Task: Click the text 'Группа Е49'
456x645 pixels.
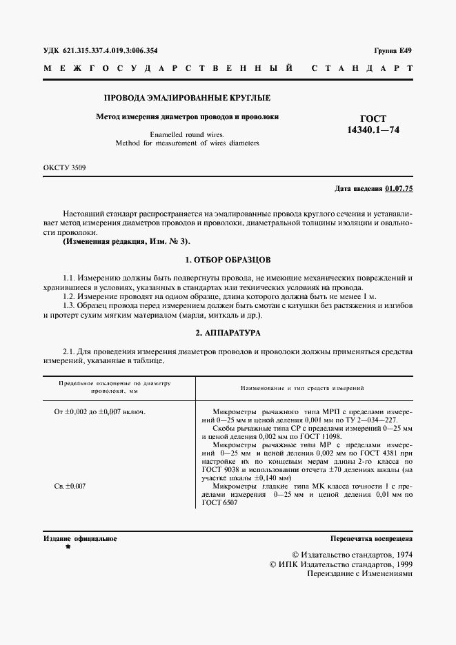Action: [393, 51]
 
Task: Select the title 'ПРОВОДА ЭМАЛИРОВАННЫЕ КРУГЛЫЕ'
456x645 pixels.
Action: [186, 99]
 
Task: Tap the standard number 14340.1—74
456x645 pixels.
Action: [373, 130]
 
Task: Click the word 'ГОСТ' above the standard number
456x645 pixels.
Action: [373, 119]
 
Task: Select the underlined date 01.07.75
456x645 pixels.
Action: [399, 188]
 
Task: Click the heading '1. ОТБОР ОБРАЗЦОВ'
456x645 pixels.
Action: [228, 260]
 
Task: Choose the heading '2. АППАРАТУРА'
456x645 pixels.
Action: [228, 332]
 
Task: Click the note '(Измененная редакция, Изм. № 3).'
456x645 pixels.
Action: [125, 242]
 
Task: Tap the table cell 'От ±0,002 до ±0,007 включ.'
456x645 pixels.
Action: [99, 412]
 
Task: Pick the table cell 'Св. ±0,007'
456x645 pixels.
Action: [70, 487]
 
